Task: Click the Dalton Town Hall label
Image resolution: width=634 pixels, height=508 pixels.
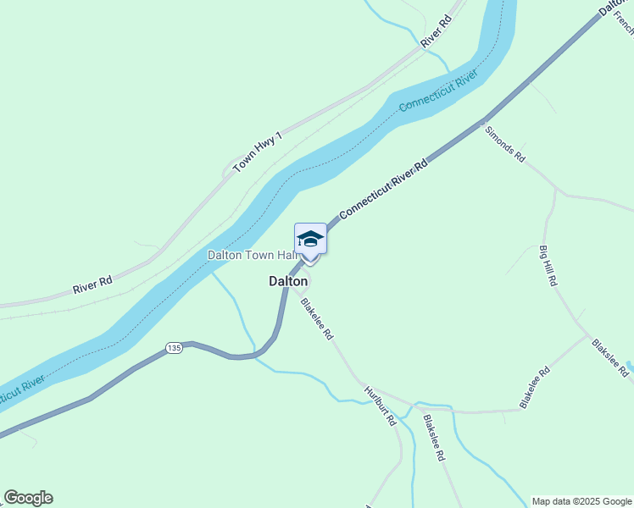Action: tap(251, 255)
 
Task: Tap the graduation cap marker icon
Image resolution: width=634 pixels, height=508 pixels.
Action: tap(310, 238)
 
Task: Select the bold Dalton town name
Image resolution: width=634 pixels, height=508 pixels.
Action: tap(288, 281)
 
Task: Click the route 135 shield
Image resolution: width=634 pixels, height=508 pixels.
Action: tap(174, 348)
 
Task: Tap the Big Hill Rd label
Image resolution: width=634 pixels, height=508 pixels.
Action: tap(548, 265)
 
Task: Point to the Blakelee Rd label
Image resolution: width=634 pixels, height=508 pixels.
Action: tap(536, 389)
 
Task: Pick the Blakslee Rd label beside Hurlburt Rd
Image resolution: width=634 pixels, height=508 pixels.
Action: tap(433, 437)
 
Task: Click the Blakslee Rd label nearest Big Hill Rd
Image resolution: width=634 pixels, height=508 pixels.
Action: tap(610, 358)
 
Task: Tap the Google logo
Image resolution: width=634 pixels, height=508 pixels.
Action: tap(28, 498)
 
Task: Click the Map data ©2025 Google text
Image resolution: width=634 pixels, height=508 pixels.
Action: tap(582, 501)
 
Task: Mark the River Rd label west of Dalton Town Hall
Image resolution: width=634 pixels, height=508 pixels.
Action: tap(92, 285)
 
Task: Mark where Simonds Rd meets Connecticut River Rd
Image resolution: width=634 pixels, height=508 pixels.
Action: tap(482, 121)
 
